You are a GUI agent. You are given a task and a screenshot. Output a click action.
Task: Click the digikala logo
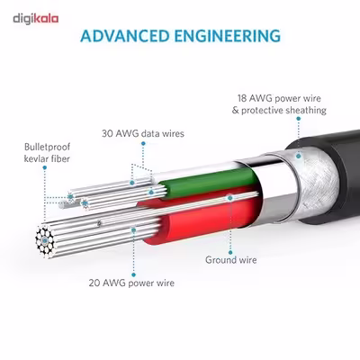coord(36,19)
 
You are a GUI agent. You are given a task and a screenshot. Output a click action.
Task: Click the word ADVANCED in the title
coord(125,36)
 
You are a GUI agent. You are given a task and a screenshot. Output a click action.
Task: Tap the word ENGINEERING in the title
coord(228,36)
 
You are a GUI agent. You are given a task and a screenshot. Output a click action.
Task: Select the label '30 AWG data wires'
coord(143,133)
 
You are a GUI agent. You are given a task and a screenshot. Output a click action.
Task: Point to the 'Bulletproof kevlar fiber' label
coord(47,153)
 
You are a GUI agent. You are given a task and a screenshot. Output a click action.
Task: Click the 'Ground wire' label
coord(231,260)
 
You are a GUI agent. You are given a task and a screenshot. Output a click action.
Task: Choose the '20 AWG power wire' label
coord(131,283)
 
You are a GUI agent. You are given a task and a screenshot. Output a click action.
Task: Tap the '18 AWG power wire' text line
coord(279,98)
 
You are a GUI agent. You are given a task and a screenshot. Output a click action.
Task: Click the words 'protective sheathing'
coord(283,110)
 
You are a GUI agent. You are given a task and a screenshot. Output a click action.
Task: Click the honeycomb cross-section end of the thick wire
coord(45,240)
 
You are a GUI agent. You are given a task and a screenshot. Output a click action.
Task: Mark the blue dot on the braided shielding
coord(299,156)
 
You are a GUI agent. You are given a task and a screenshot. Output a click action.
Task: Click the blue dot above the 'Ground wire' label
coord(229,198)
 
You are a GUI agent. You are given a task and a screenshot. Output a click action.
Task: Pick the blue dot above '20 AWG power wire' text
coord(133,229)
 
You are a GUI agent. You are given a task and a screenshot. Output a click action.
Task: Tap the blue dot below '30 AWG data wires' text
coord(143,144)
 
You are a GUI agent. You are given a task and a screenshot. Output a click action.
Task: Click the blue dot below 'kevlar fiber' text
coord(45,167)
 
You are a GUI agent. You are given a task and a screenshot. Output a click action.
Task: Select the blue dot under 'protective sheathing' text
coord(298,119)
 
